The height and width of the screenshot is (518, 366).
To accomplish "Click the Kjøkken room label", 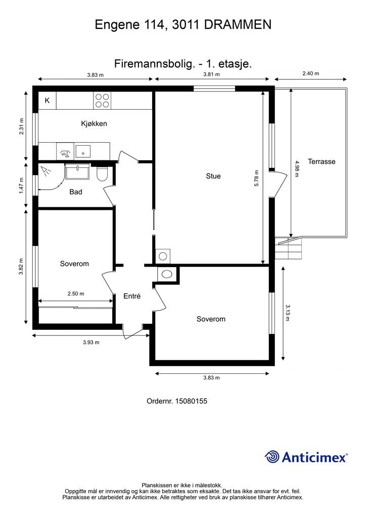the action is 94,123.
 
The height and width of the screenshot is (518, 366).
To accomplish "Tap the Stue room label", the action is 213,176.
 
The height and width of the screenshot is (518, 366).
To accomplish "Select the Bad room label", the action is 76,192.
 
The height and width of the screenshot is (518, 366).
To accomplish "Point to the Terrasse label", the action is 322,161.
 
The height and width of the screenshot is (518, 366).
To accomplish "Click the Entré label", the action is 132,296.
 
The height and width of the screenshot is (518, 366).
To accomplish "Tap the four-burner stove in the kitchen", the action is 102,101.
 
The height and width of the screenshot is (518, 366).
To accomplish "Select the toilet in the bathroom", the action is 102,174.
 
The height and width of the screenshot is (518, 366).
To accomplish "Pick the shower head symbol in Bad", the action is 45,170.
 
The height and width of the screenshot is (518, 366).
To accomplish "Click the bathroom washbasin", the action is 77,171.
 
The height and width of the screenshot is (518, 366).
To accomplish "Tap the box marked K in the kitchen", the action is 47,101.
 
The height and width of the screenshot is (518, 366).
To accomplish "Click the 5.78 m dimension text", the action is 256,179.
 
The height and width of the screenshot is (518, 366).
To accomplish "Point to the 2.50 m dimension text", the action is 76,293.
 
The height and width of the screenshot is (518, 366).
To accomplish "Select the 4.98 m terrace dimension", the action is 297,168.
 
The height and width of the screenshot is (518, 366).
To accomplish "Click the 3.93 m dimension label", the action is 91,342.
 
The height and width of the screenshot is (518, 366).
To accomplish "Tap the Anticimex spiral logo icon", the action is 272,457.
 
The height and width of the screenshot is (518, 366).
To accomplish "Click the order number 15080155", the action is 191,401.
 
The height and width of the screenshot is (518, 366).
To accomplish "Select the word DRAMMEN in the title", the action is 238,25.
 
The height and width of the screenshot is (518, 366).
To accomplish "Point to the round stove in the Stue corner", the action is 163,256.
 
